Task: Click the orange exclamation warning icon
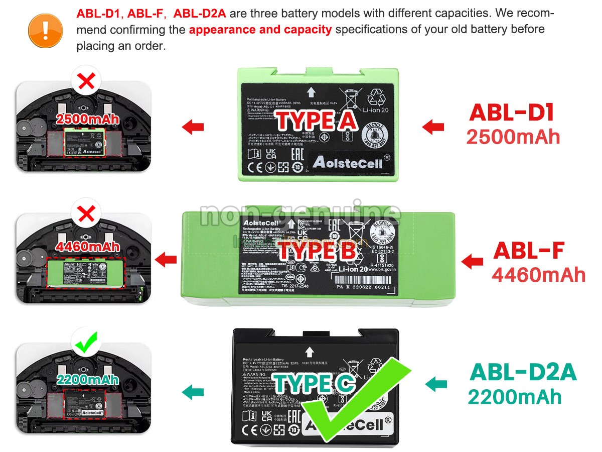[x=45, y=30]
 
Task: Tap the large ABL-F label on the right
[x=529, y=251]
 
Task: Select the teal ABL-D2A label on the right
[x=523, y=373]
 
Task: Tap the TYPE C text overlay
[x=315, y=384]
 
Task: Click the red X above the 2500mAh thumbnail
[x=87, y=82]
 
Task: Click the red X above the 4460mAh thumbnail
[x=87, y=214]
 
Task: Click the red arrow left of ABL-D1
[x=433, y=127]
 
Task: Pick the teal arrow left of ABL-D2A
[x=436, y=385]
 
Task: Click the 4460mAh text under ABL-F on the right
[x=539, y=275]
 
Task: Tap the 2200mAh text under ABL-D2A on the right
[x=515, y=397]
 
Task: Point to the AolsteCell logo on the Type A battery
[x=347, y=162]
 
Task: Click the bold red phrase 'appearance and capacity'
[x=260, y=30]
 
